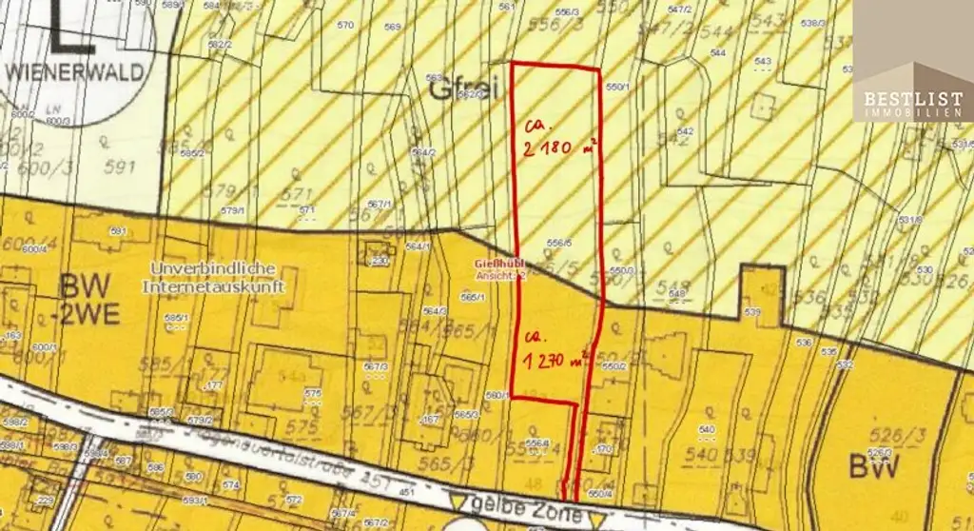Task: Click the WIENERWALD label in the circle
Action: coord(75,71)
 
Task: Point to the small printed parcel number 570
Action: coord(345,25)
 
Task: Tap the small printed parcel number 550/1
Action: coord(617,87)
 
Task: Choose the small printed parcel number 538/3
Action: coord(813,22)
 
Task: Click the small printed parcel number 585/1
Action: coord(173,317)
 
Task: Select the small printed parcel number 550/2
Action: coord(614,365)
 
